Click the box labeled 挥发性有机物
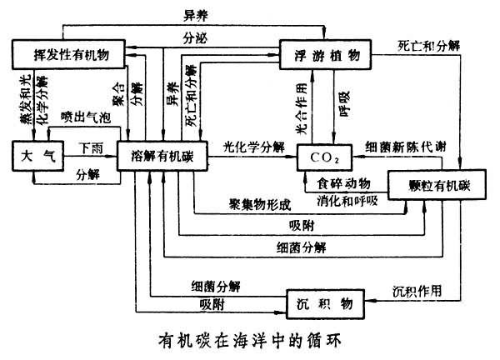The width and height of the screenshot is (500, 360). point(67,54)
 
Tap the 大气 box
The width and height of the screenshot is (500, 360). point(32,156)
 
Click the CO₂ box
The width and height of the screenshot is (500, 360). point(320,156)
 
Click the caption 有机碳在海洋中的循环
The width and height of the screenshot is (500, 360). point(250,341)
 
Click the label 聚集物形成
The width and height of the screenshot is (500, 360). point(260,202)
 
